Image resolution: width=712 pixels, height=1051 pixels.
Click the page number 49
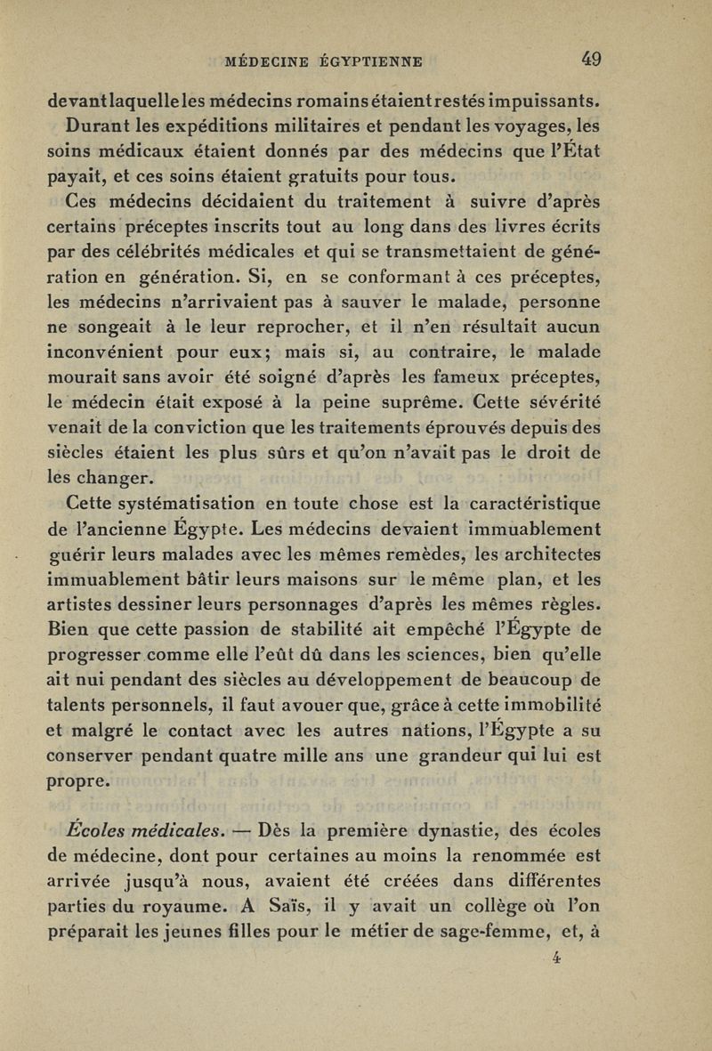pyautogui.click(x=590, y=61)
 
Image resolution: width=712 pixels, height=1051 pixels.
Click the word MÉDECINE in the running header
pyautogui.click(x=261, y=61)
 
